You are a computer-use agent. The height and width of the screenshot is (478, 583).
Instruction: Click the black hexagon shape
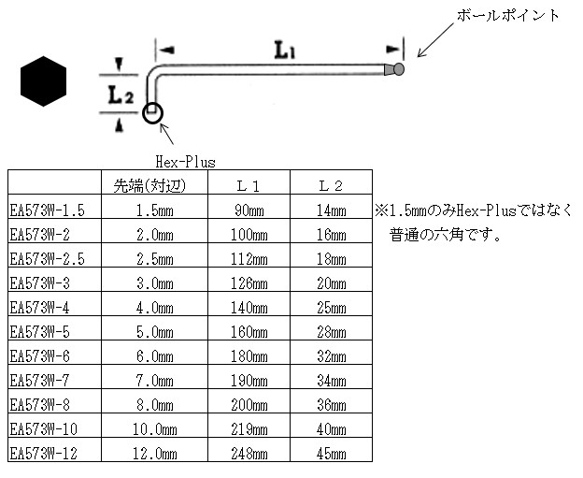point(43,81)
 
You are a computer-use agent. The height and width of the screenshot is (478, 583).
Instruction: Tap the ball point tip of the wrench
point(399,69)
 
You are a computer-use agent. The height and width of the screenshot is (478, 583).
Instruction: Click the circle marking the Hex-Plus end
point(153,113)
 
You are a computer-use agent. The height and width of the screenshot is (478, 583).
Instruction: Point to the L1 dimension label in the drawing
point(285,51)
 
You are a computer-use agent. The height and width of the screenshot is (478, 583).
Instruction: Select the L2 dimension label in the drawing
point(121,94)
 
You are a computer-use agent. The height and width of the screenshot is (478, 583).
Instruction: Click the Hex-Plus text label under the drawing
point(185,162)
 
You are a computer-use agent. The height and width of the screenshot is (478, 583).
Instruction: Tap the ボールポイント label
point(508,16)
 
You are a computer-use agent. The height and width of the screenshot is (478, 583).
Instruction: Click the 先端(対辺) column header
point(149,186)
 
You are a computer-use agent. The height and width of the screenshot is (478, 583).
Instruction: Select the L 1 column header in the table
point(249,186)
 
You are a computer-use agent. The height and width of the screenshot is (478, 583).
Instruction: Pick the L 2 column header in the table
point(331,186)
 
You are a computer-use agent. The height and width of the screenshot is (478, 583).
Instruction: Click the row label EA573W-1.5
point(48,210)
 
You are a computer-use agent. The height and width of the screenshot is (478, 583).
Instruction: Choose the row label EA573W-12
point(44,454)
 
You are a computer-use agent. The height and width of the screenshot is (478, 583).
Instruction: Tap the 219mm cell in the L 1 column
point(249,429)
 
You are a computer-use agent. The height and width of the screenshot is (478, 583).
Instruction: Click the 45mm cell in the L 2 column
point(332,454)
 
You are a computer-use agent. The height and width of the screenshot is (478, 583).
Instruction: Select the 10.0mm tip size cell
point(155,429)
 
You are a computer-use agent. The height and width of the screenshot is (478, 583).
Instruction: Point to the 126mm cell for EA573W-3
point(249,283)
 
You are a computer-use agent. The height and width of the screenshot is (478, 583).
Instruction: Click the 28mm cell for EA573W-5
point(332,332)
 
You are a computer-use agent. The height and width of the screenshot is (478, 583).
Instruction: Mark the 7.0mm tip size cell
point(155,381)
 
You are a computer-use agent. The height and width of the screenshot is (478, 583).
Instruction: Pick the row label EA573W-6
point(40,356)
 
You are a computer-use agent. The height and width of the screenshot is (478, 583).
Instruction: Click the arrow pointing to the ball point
point(435,40)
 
